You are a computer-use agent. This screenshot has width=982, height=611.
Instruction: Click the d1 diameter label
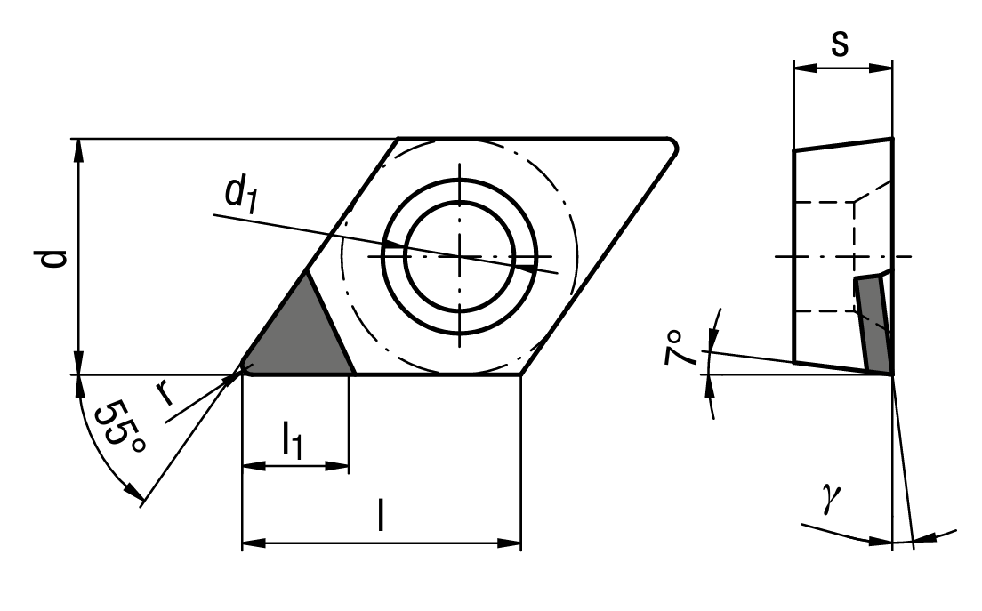(x=242, y=195)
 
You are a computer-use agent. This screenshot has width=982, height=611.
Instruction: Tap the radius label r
(x=165, y=392)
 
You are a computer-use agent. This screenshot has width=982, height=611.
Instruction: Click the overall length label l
(x=380, y=515)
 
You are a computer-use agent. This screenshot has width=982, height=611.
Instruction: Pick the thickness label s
(x=840, y=44)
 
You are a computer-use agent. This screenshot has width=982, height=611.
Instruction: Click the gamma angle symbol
(x=832, y=498)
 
